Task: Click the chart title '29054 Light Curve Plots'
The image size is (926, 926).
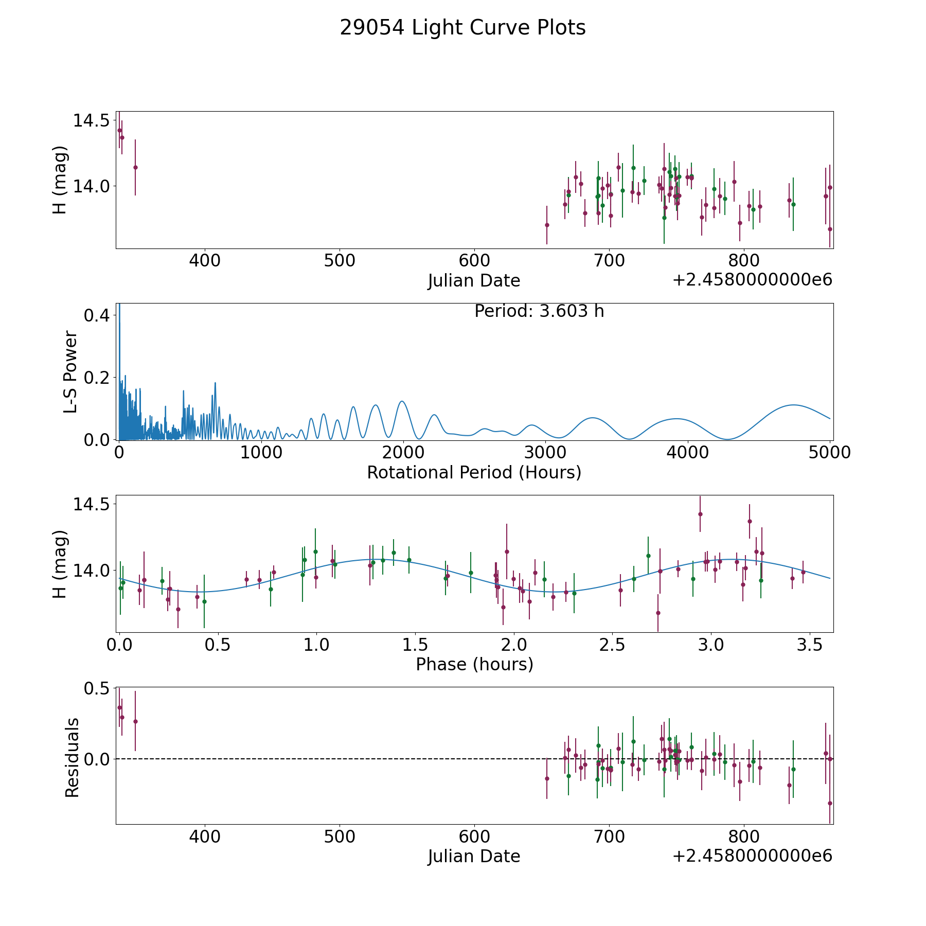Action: click(462, 28)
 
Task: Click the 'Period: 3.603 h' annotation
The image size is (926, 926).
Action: click(539, 311)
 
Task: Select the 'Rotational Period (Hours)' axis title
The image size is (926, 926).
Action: click(474, 472)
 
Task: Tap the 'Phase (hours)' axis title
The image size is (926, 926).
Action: click(474, 665)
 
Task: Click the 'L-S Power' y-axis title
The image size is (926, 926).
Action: click(70, 372)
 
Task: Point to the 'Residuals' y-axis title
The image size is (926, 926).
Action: click(72, 757)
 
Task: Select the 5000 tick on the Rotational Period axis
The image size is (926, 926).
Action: click(830, 453)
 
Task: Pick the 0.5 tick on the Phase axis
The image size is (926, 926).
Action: click(218, 645)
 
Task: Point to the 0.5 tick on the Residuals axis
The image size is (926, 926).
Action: click(97, 688)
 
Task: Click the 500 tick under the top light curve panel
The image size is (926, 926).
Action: click(340, 261)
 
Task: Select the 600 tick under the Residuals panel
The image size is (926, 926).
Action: click(474, 837)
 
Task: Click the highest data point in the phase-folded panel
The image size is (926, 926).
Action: click(700, 514)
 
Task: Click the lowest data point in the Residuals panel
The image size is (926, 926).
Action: click(830, 803)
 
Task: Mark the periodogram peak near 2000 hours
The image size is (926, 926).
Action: click(402, 401)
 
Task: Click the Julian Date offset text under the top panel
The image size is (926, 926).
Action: click(752, 280)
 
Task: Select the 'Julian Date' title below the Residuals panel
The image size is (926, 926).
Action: click(474, 857)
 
